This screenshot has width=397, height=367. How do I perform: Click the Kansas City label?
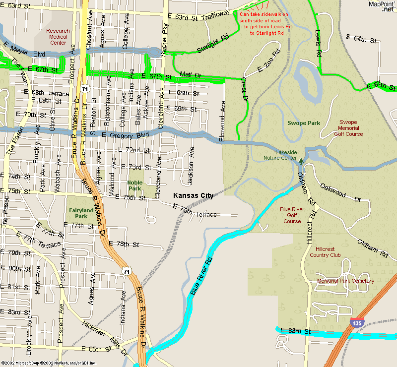(193, 195)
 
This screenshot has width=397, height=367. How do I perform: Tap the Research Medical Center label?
(58, 37)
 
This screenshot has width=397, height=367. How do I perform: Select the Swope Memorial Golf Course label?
(348, 128)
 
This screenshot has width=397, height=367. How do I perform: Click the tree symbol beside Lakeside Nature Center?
(300, 161)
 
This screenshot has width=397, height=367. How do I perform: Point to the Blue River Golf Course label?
(292, 215)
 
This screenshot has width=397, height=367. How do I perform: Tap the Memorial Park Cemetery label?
(345, 281)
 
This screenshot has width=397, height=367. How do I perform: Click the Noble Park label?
(135, 185)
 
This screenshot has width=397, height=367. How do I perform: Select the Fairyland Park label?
(78, 213)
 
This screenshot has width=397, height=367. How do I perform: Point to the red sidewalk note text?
(264, 24)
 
